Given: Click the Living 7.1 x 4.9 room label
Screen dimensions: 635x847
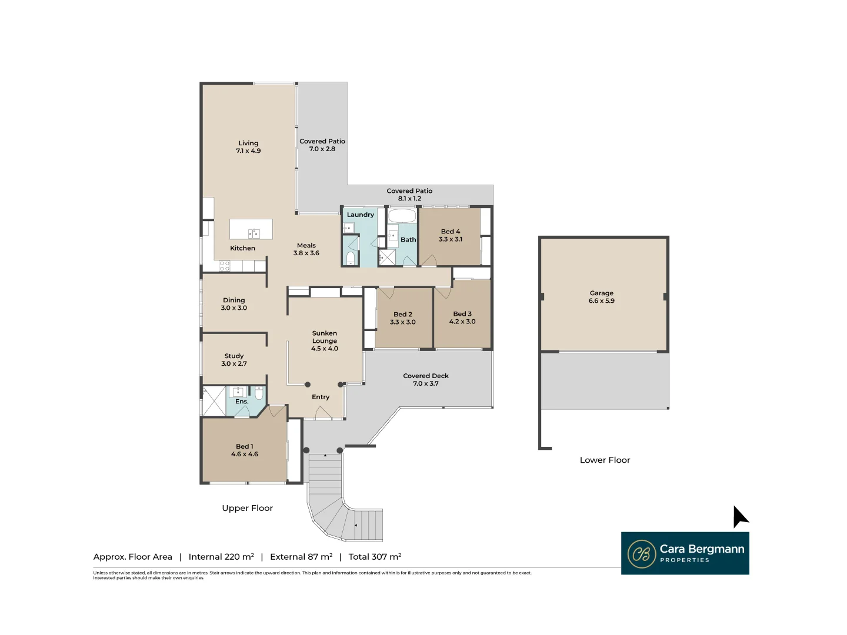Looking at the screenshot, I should point(248,147).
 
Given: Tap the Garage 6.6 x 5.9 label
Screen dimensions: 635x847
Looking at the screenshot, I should point(601,297).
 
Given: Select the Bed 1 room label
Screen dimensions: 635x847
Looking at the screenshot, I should point(244,450).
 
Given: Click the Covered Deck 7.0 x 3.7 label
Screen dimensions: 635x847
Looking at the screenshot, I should point(426,380).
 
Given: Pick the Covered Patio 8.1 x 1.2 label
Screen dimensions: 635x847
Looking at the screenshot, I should point(409,195).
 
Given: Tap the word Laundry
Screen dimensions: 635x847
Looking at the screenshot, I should point(360,215).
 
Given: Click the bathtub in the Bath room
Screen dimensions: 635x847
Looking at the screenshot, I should point(402,216).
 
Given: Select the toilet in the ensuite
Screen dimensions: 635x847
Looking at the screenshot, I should point(259,393).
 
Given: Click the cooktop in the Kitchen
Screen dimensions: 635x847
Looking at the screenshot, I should point(224,266).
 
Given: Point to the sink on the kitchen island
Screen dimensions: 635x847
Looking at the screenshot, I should point(254,233).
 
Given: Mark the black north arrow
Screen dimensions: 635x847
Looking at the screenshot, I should point(739,517).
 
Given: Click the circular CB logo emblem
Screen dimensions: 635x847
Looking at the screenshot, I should point(641,554).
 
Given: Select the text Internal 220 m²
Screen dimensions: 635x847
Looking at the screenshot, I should point(221,557).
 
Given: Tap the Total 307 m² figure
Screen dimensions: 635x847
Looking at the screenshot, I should point(375,557).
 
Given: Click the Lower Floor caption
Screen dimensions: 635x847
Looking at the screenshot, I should point(605,460).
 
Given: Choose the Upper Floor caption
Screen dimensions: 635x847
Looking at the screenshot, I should point(247,508).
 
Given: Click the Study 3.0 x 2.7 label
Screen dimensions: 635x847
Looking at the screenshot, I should point(234,360).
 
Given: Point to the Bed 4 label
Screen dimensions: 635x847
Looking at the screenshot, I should point(451,235).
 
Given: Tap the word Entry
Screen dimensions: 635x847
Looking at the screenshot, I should point(321,397).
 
